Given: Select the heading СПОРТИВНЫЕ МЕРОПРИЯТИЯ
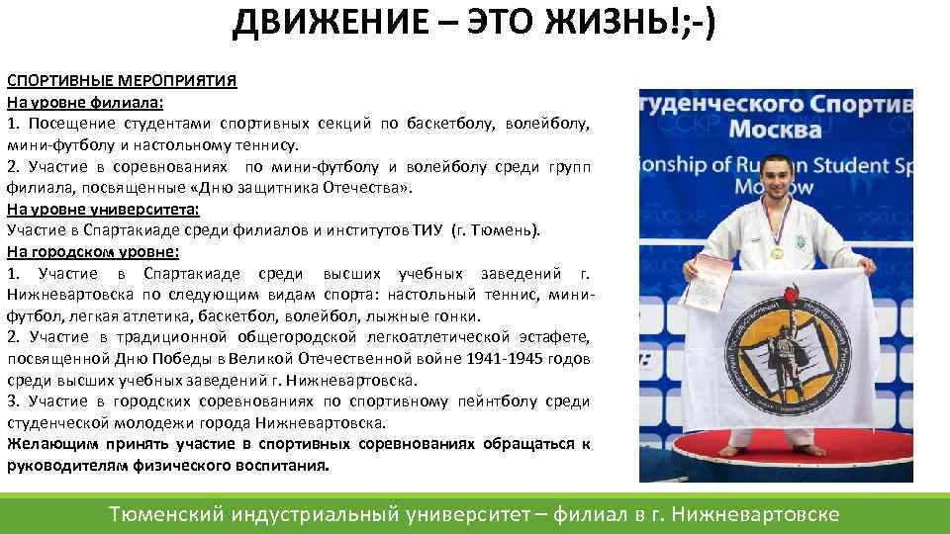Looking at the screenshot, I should point(122,80).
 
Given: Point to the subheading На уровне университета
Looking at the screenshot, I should point(103,209).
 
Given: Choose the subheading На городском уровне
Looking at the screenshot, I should point(94,251).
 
